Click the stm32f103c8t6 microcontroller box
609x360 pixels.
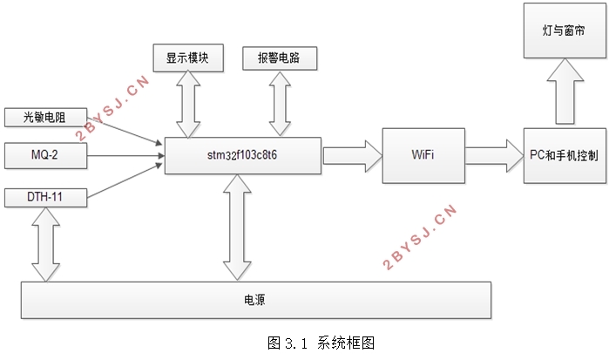243,155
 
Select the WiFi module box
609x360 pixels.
423,155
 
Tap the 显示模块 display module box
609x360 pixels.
188,58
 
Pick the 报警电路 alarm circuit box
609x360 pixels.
280,58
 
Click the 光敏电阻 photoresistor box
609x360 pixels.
45,118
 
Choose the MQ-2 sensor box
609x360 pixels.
45,155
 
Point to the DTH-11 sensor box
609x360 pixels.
45,198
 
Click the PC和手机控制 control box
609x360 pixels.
565,155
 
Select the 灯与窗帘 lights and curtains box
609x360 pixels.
565,31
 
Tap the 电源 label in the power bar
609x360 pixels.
254,300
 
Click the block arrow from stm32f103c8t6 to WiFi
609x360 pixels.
352,156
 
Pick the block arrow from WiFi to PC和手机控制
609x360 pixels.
494,156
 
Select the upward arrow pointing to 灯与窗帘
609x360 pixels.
565,92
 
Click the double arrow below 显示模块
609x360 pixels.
188,105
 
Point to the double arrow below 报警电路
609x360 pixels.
280,104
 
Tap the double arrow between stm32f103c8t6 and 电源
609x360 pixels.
237,227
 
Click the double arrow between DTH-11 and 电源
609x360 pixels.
46,244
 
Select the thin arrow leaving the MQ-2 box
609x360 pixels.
125,156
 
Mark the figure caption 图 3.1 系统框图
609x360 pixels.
321,343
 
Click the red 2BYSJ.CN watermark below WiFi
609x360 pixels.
419,237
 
